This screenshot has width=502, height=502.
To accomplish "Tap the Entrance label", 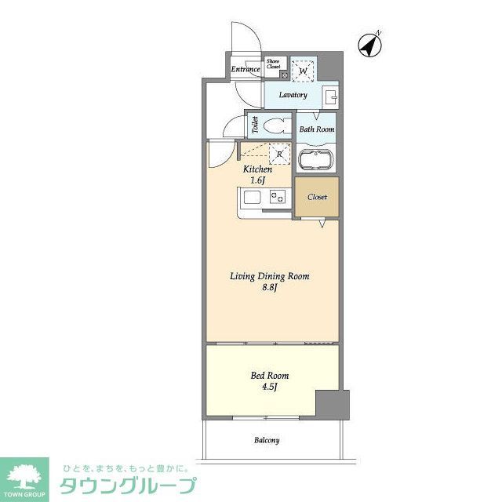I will point(245,69).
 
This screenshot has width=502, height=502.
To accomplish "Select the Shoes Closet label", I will point(274,64).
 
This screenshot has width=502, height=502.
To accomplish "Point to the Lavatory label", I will point(293,96).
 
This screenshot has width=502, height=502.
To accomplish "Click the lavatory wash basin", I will point(330,97).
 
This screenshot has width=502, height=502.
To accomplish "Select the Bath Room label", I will point(317,129).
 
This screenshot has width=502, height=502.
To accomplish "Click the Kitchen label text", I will point(257,169).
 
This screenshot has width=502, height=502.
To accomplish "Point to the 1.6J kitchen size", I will point(257,180).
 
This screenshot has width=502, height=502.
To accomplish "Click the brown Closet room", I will point(317,197).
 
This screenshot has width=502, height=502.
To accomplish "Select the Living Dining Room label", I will point(269,276).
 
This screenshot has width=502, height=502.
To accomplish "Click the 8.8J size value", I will point(269,288).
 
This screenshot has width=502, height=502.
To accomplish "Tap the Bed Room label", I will point(264,375).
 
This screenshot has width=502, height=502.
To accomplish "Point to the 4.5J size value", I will point(264,387).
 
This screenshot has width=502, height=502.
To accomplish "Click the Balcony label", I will point(266,440).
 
